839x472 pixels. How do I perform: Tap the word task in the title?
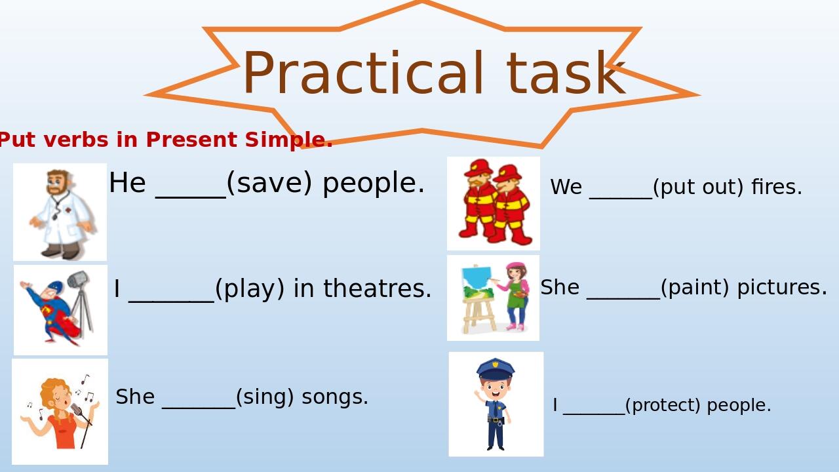(x=566, y=73)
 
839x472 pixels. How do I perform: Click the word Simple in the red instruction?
(x=289, y=140)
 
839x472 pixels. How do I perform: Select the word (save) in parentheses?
(x=269, y=184)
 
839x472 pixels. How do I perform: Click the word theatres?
(x=378, y=288)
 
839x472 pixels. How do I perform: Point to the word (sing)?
(x=265, y=397)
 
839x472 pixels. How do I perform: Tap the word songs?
(x=335, y=397)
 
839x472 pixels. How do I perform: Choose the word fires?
(x=777, y=187)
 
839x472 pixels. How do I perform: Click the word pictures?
(x=782, y=288)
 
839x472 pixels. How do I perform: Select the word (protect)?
(x=663, y=405)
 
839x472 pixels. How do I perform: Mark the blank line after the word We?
(x=621, y=197)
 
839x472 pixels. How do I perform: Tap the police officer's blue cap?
(x=495, y=368)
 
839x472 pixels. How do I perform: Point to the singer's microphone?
(x=77, y=409)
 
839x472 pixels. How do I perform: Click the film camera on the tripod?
(x=78, y=279)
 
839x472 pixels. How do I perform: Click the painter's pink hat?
(x=515, y=265)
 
